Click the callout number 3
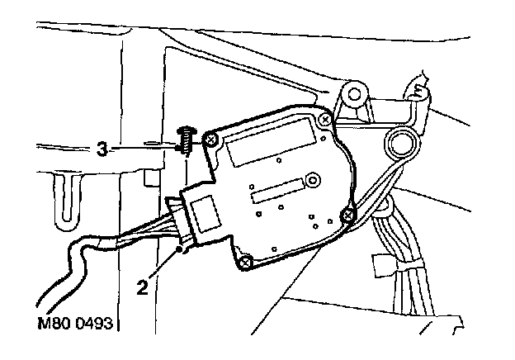pyautogui.click(x=102, y=149)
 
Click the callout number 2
pyautogui.click(x=143, y=289)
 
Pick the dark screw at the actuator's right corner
pyautogui.click(x=347, y=216)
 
